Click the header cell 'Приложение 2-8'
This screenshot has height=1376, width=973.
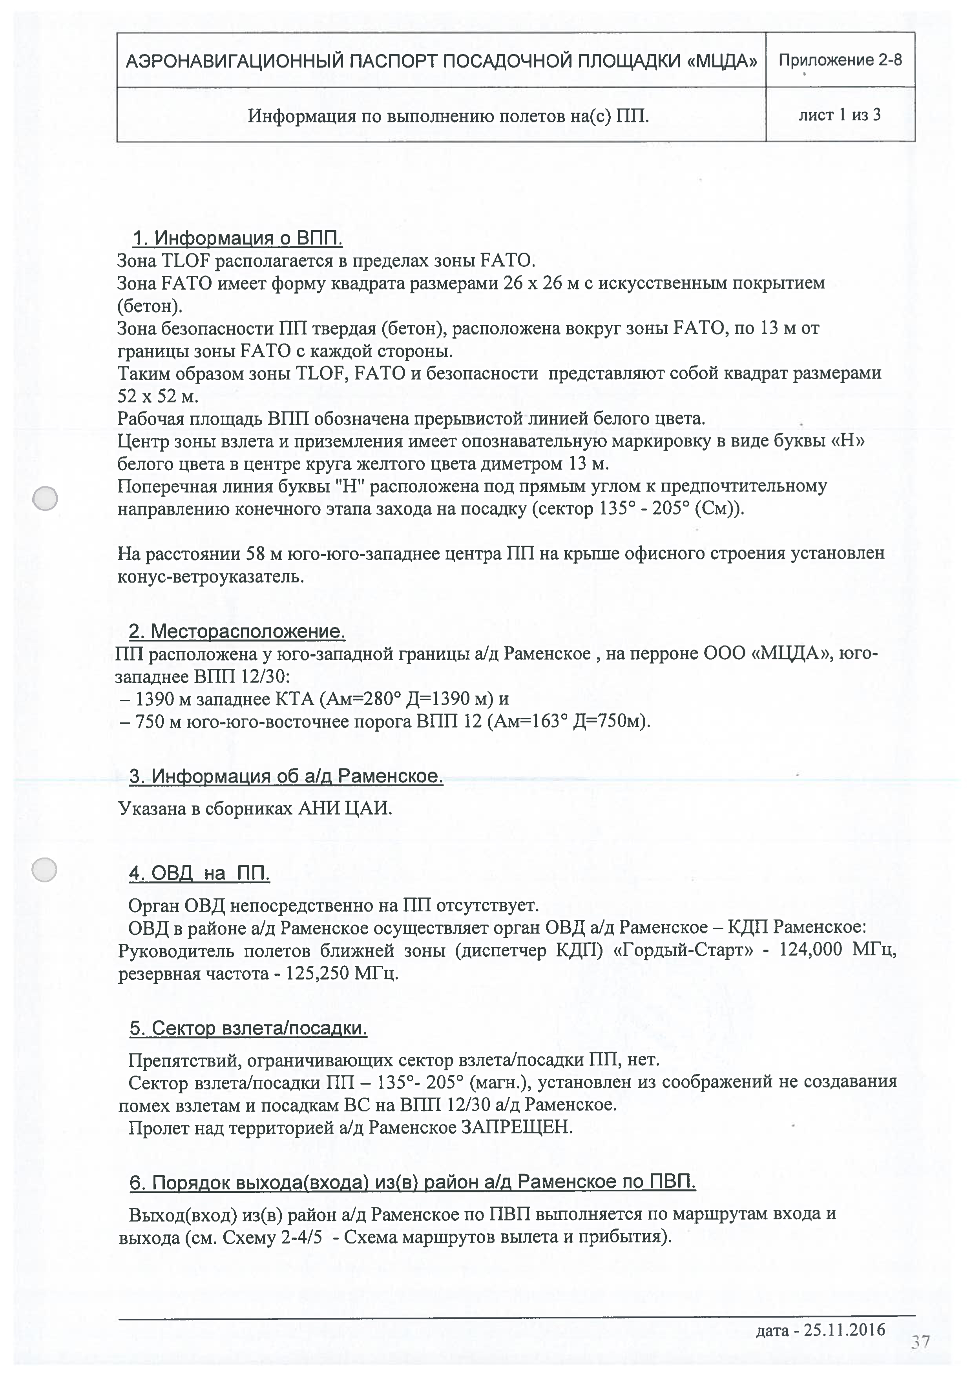tap(840, 60)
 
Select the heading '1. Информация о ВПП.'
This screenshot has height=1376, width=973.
tap(237, 238)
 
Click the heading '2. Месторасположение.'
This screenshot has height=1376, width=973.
tap(237, 631)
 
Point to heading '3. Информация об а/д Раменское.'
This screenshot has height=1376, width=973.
tap(286, 776)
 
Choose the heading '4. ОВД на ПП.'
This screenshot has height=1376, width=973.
tap(199, 873)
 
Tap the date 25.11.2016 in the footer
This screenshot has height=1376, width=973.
tap(844, 1329)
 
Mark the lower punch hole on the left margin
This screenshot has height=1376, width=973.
tap(44, 870)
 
